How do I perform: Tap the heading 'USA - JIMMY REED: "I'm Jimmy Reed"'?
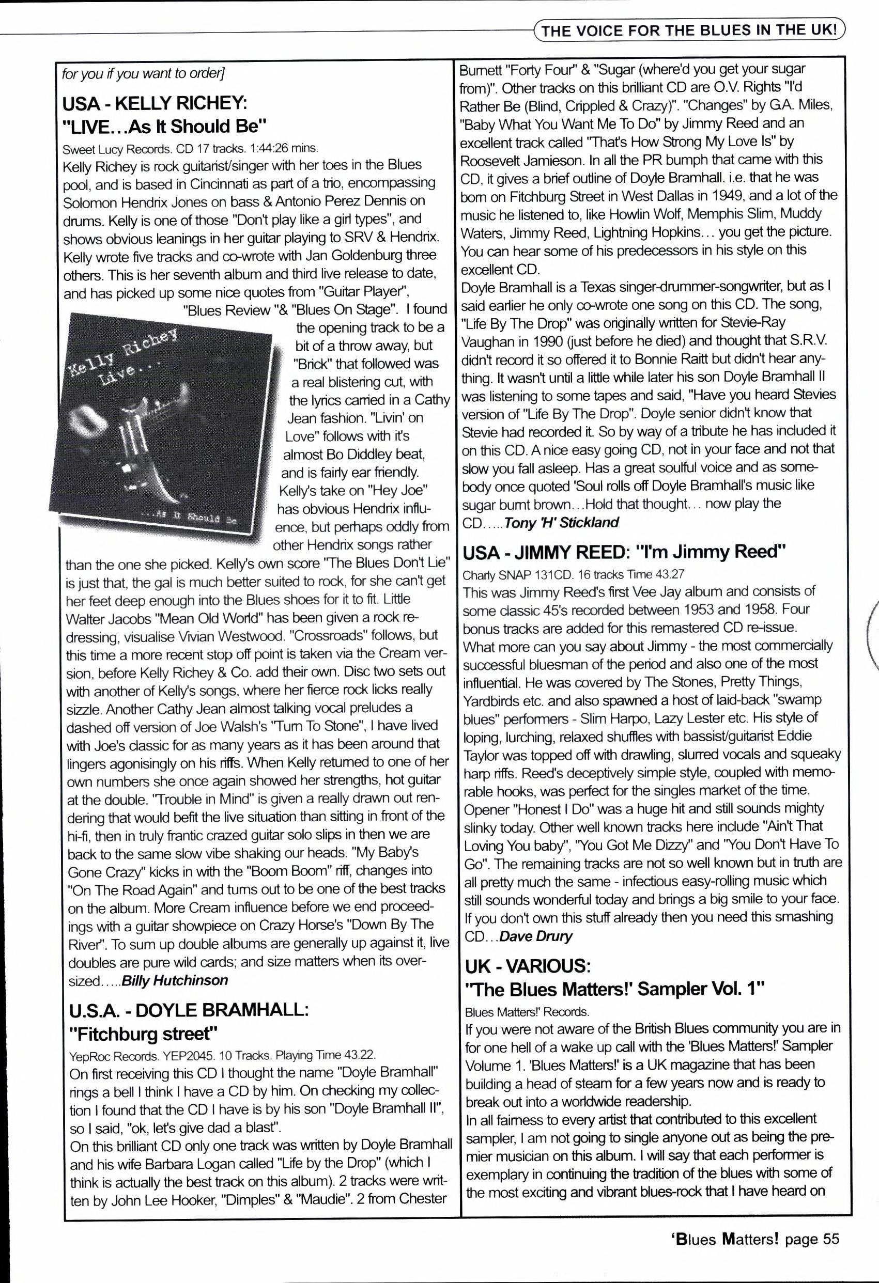pyautogui.click(x=624, y=552)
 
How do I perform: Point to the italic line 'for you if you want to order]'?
pyautogui.click(x=143, y=73)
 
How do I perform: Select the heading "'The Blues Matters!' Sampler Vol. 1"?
pyautogui.click(x=615, y=989)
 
